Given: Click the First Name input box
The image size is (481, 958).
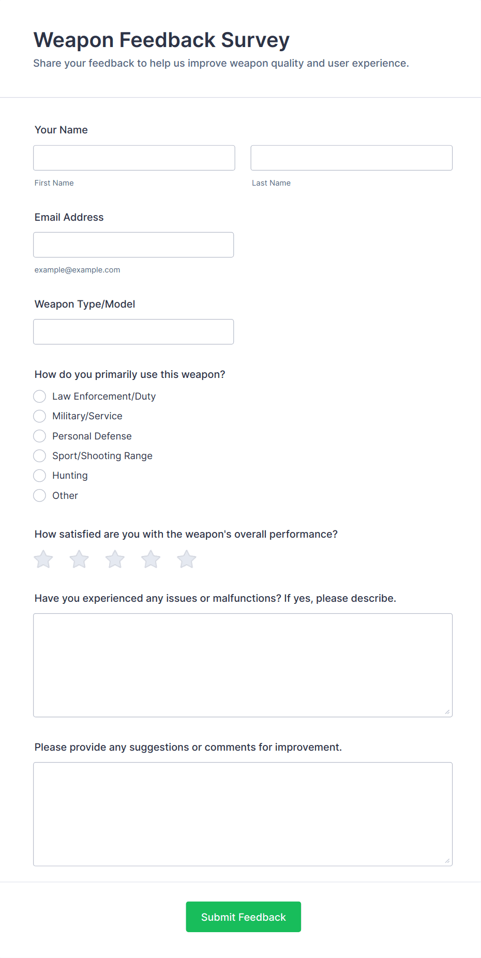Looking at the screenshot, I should pos(134,158).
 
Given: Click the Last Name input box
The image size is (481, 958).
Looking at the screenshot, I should pos(351,158).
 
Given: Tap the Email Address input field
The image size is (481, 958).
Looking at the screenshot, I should pos(133,245).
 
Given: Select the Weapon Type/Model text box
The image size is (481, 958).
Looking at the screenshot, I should pos(133,331).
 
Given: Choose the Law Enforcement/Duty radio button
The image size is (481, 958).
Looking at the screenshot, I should pos(39,397).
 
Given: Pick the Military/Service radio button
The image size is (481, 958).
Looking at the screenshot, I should pos(39,416).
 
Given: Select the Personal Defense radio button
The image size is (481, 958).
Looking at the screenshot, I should pos(39,436).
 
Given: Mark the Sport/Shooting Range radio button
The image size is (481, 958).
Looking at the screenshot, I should pos(39,456).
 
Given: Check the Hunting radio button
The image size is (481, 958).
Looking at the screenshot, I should pos(39,476).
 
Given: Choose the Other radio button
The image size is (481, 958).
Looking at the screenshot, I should pos(39,496).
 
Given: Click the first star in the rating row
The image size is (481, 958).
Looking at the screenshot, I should pos(43,559).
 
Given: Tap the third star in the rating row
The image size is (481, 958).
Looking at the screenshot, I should pos(115,559).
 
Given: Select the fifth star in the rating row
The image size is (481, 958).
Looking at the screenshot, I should pos(187,559).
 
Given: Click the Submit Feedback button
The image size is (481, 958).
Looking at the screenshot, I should pos(243,917).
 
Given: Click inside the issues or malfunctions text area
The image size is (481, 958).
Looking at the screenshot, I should pos(243,665).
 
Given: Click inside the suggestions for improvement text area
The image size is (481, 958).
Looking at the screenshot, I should pos(243,814).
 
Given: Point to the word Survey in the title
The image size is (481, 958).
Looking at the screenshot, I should pos(255,40).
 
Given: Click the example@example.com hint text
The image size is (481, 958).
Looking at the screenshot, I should pos(77,270).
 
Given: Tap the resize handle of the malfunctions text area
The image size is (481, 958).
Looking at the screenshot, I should pos(447,712).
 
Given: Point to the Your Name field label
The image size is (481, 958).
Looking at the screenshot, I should pos(61,130).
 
